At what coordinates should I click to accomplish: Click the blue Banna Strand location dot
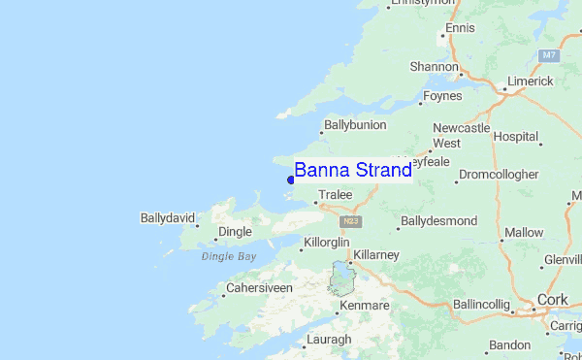[x=291, y=179]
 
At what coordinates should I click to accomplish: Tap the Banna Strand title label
[x=353, y=171]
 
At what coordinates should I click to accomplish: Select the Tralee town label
[x=335, y=195]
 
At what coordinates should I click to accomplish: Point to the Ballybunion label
[x=355, y=125]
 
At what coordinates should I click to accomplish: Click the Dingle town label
[x=235, y=232]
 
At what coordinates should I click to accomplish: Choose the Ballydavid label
[x=168, y=215]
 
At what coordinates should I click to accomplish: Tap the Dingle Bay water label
[x=228, y=256]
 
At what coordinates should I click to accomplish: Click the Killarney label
[x=376, y=254]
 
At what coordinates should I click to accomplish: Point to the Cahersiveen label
[x=259, y=288]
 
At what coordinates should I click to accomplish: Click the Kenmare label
[x=364, y=306]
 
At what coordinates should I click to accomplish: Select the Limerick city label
[x=529, y=82]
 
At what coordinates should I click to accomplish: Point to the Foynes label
[x=444, y=96]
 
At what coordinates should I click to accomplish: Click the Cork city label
[x=551, y=301]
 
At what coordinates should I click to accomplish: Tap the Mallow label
[x=524, y=233]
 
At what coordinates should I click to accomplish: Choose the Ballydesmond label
[x=438, y=221]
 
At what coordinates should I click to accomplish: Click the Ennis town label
[x=460, y=28]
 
